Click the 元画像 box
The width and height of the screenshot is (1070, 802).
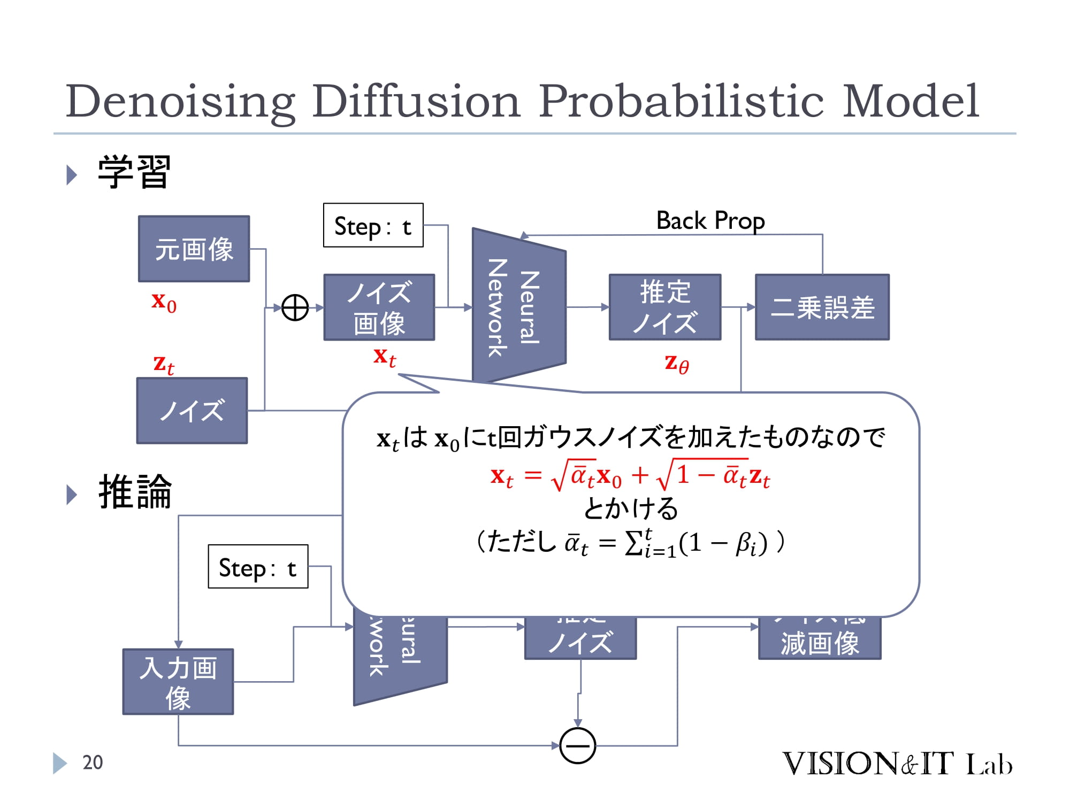pos(194,249)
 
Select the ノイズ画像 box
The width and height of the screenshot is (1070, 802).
pos(379,307)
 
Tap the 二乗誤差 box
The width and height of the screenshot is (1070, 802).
pos(822,307)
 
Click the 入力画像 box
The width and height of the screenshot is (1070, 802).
pos(178,682)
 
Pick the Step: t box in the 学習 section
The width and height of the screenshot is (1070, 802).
pos(373,226)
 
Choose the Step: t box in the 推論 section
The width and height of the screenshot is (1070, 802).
pos(258,567)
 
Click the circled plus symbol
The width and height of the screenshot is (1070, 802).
pos(295,308)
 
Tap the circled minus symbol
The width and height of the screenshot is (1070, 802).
pos(577,745)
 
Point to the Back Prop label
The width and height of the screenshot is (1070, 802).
pos(710,221)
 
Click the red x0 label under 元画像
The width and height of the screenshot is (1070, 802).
pos(164,302)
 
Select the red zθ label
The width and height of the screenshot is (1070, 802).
pos(676,364)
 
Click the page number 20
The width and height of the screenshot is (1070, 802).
pos(93,762)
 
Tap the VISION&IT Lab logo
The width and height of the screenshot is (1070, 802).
pos(897,764)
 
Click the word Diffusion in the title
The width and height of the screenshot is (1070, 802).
pos(416,102)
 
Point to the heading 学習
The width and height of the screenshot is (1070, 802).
pos(134,172)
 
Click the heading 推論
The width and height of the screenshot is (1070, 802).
pos(135,492)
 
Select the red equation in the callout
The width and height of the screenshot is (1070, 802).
pos(630,475)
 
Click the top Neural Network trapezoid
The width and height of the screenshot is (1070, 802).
pos(518,307)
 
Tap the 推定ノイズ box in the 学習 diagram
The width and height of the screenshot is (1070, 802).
pos(665,307)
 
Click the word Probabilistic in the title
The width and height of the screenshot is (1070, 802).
pos(681,102)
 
